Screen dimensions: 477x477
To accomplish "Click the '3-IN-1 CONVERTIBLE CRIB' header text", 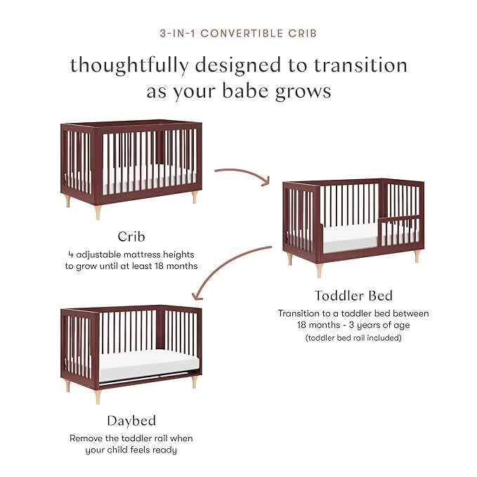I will (238, 33).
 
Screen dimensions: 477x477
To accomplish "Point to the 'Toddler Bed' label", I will (353, 296).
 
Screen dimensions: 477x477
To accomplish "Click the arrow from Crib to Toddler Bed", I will (242, 174).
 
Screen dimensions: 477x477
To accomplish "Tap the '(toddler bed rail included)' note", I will (353, 338).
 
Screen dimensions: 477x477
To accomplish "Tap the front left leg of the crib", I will (67, 201).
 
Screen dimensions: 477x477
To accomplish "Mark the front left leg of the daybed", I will (98, 397).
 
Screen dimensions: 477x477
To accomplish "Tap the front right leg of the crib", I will (195, 197).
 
